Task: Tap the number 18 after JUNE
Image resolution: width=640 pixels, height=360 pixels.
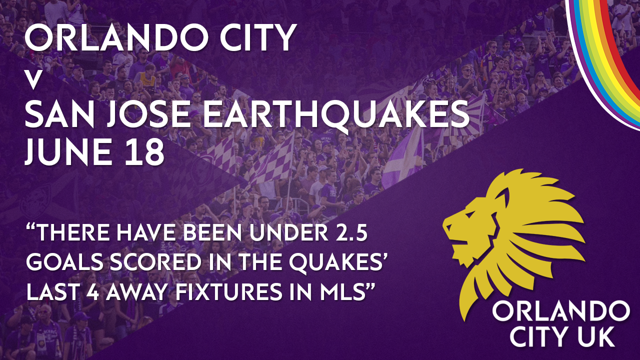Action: click(x=144, y=151)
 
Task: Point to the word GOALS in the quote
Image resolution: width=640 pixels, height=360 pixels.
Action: click(x=65, y=262)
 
